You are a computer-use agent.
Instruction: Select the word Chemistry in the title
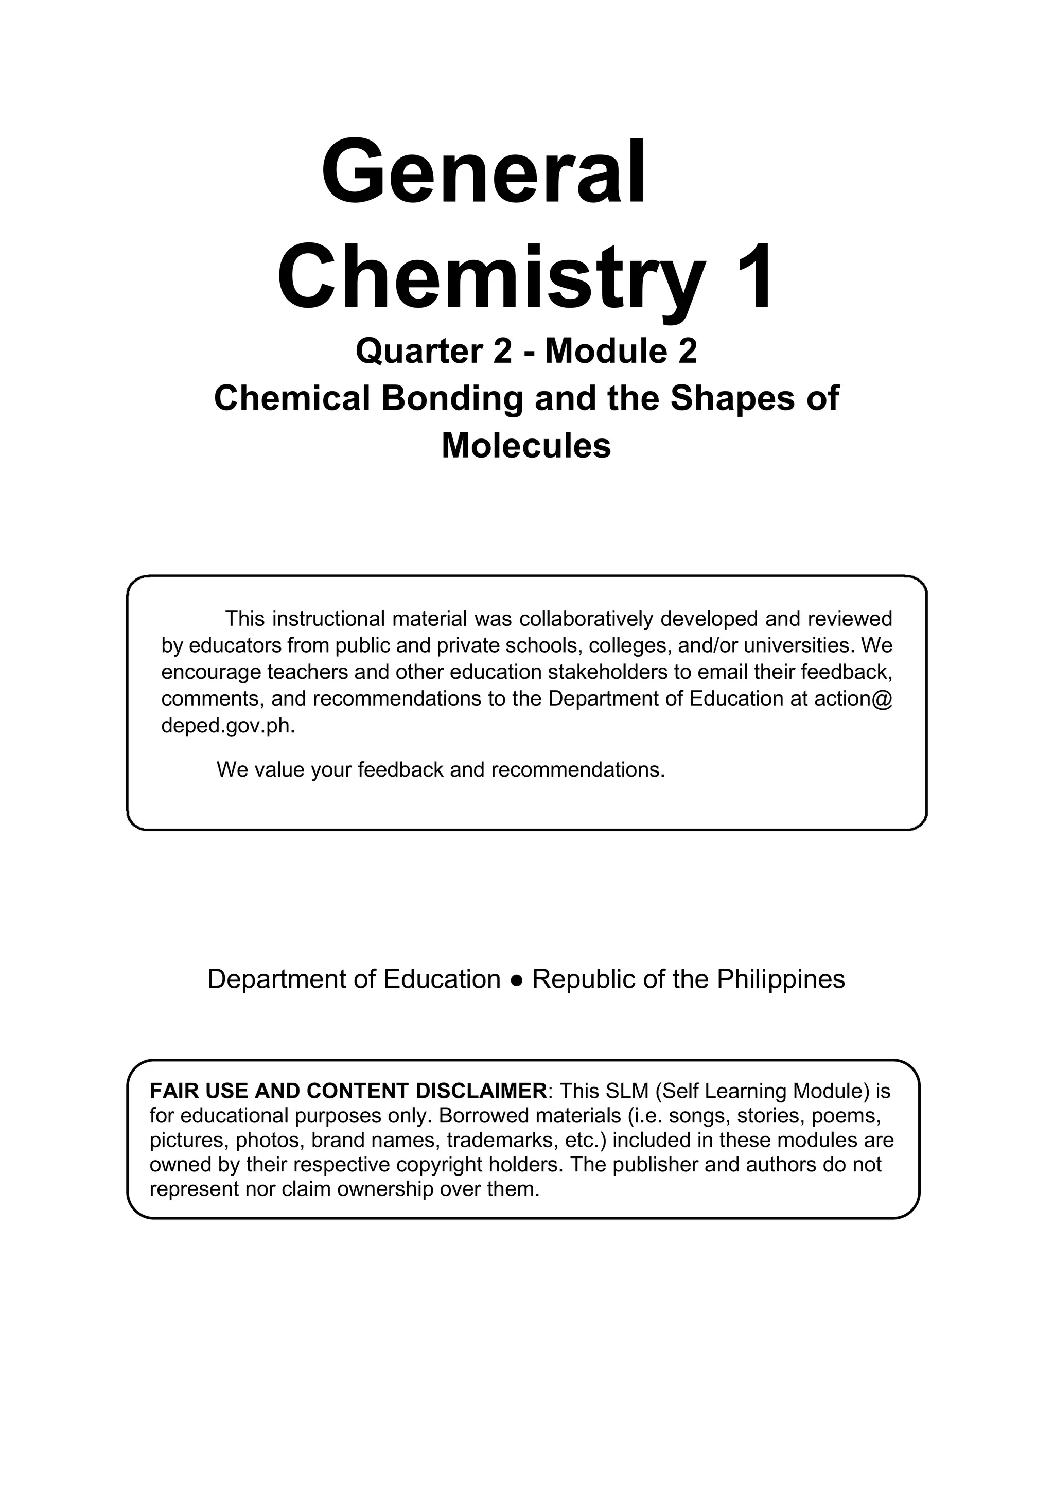[491, 278]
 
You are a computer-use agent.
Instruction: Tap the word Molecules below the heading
[526, 446]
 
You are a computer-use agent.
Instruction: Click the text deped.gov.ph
[228, 725]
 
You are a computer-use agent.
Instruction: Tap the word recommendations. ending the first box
[578, 769]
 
